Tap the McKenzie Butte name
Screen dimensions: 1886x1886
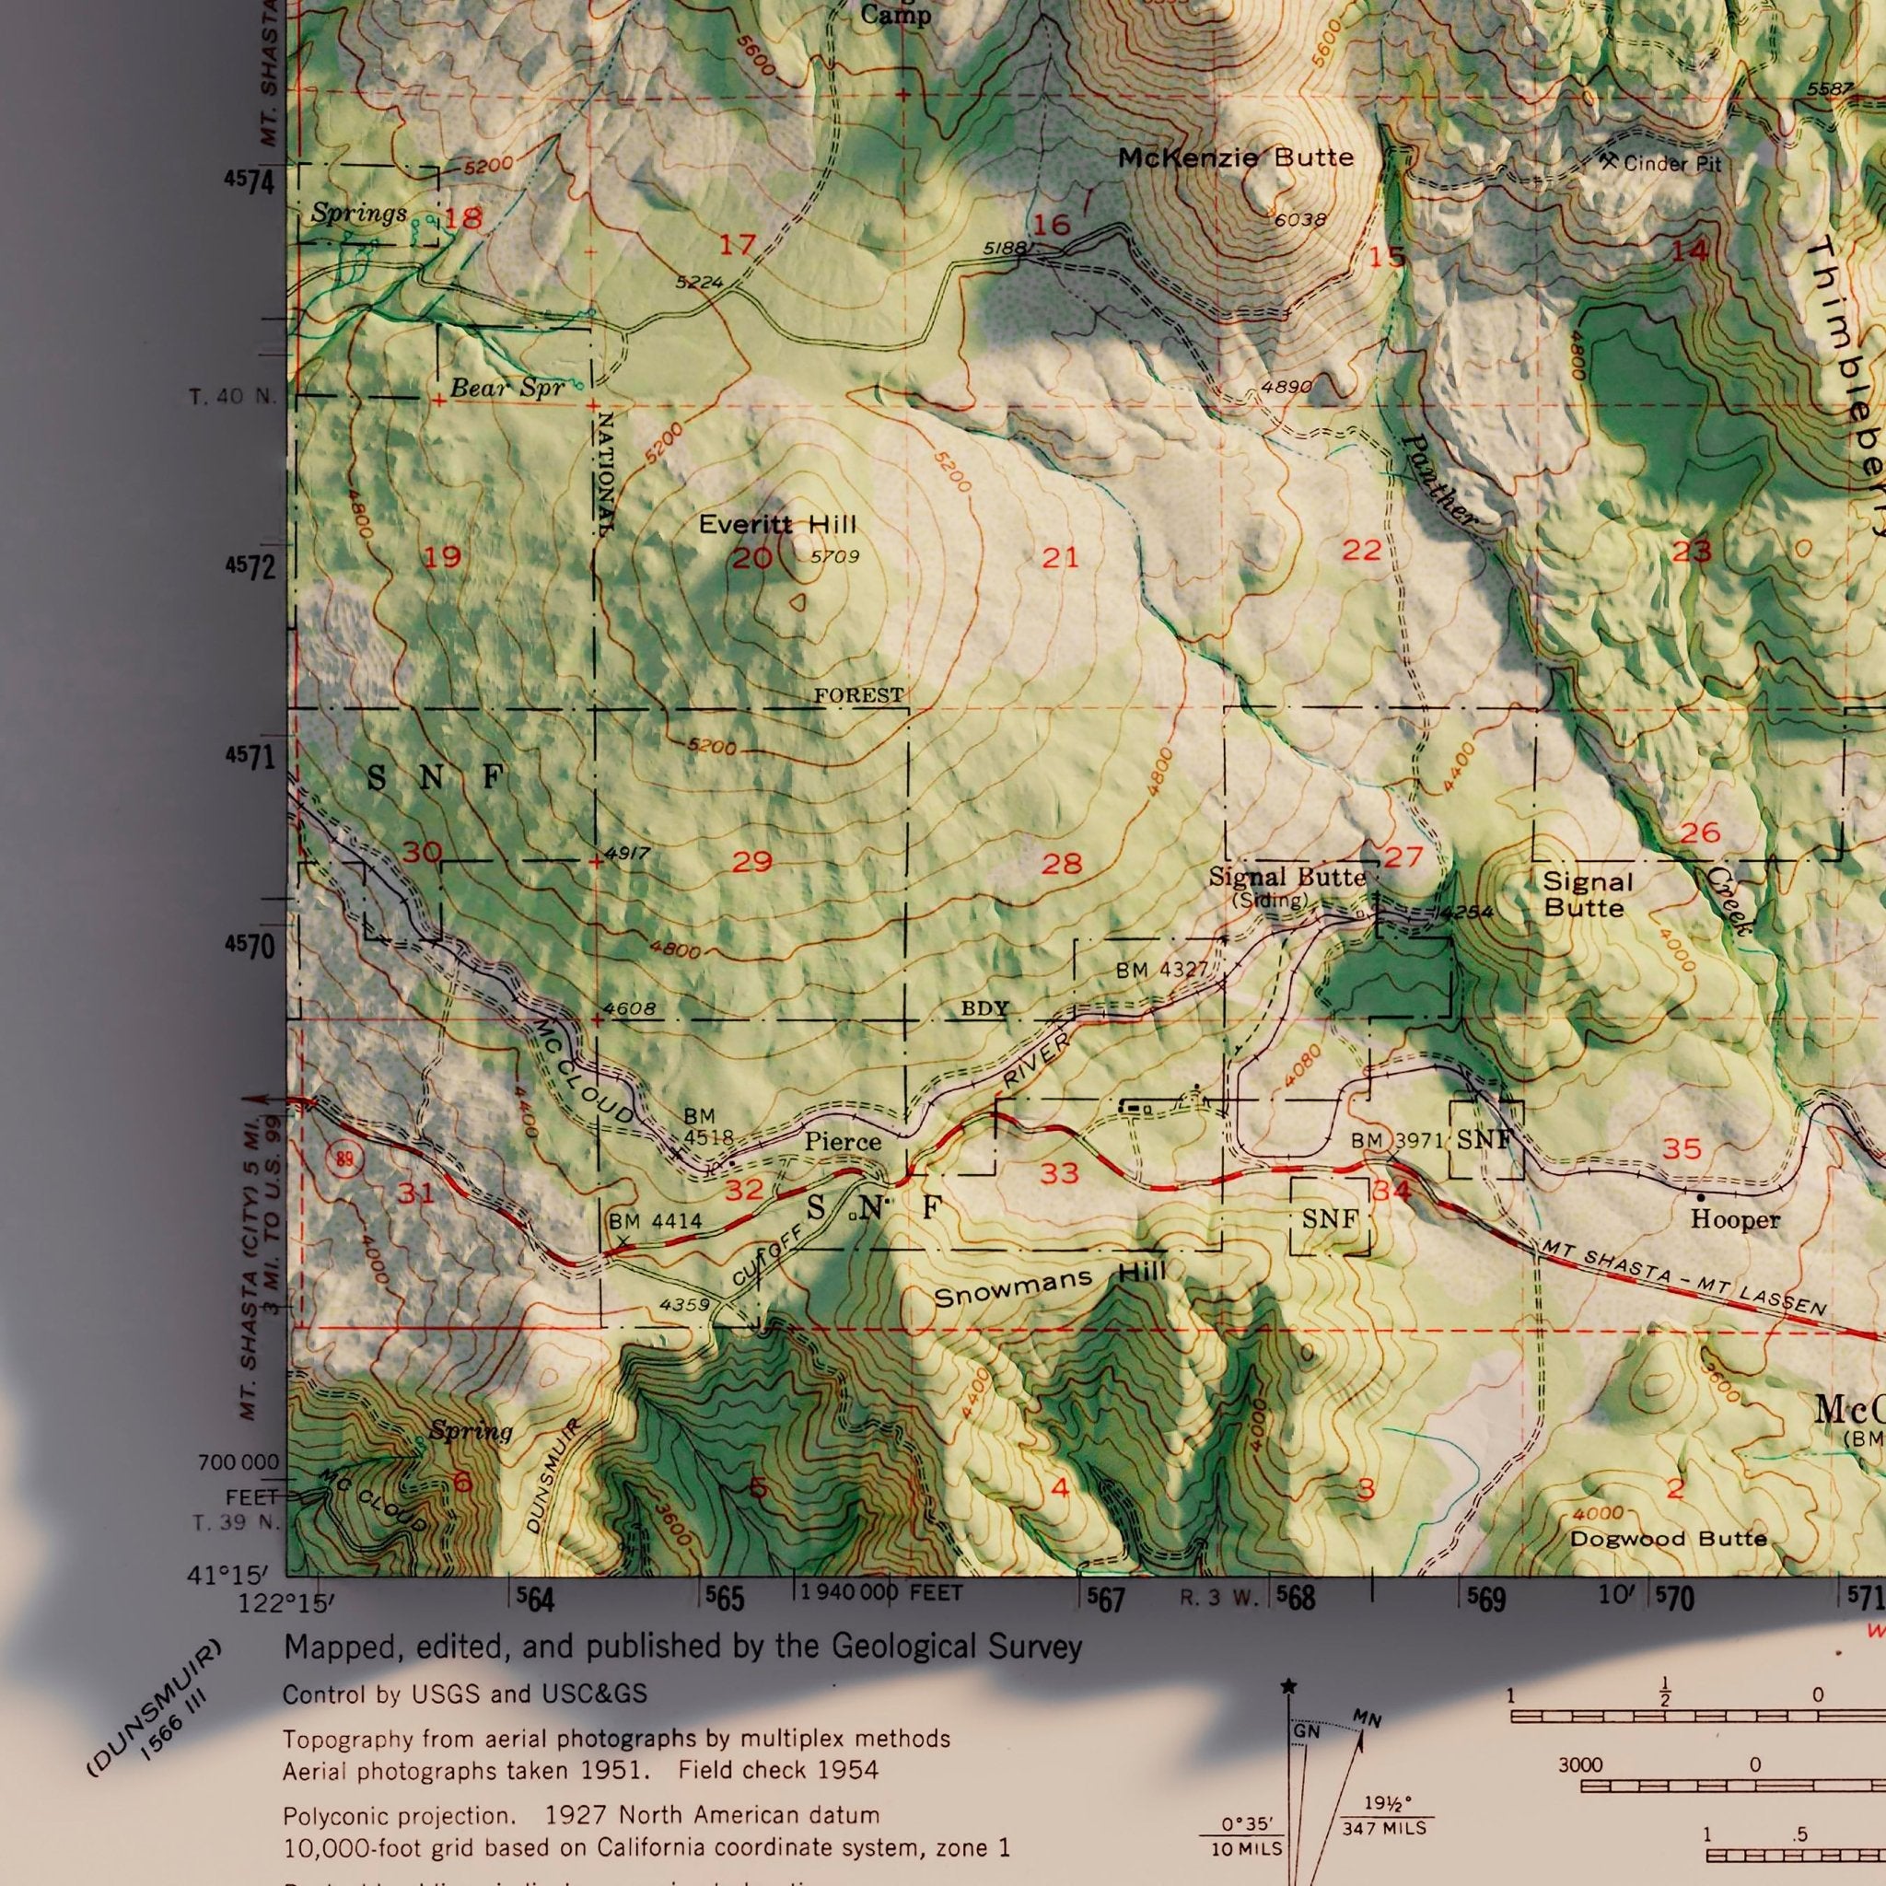click(1236, 157)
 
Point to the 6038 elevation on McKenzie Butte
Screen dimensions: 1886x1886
click(1299, 221)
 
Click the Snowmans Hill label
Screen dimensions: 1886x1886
click(1050, 1286)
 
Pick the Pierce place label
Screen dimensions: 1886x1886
click(843, 1141)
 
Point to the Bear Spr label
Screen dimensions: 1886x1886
click(506, 388)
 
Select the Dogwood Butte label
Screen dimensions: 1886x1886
click(1669, 1540)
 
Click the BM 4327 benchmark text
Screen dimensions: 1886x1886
click(1161, 971)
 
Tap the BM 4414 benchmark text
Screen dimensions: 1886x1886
click(655, 1221)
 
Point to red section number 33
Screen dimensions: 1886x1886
click(1059, 1173)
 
